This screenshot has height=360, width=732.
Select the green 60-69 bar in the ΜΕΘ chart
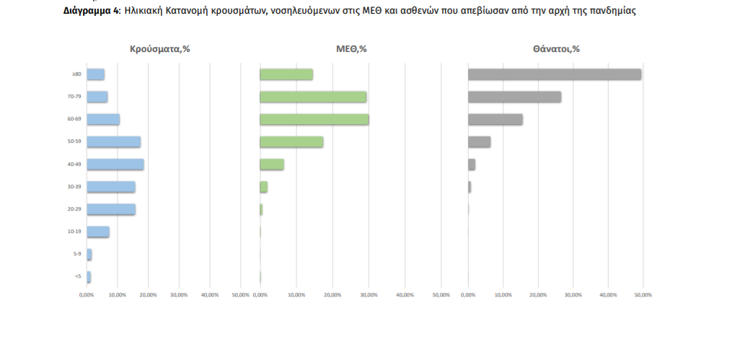click(x=314, y=120)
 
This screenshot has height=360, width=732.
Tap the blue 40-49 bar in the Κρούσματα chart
click(x=115, y=164)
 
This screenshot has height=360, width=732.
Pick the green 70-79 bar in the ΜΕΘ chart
click(x=313, y=97)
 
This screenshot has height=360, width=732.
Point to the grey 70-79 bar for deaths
click(x=514, y=97)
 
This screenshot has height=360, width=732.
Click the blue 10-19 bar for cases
click(x=97, y=232)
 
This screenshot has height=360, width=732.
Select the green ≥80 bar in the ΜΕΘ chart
click(x=286, y=74)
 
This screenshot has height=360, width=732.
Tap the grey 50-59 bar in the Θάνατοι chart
click(x=479, y=142)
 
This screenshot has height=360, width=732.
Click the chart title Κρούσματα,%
click(x=159, y=49)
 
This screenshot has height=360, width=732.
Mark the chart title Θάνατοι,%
click(x=556, y=49)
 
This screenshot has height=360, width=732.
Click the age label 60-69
click(x=74, y=119)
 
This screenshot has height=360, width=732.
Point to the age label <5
click(x=76, y=276)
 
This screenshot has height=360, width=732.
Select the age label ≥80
click(x=76, y=74)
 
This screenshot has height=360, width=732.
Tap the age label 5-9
click(x=76, y=254)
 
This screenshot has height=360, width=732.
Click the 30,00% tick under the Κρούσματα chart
click(x=179, y=295)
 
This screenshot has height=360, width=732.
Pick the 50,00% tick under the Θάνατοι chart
click(x=643, y=295)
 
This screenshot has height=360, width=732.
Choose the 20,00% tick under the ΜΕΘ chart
click(x=332, y=295)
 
